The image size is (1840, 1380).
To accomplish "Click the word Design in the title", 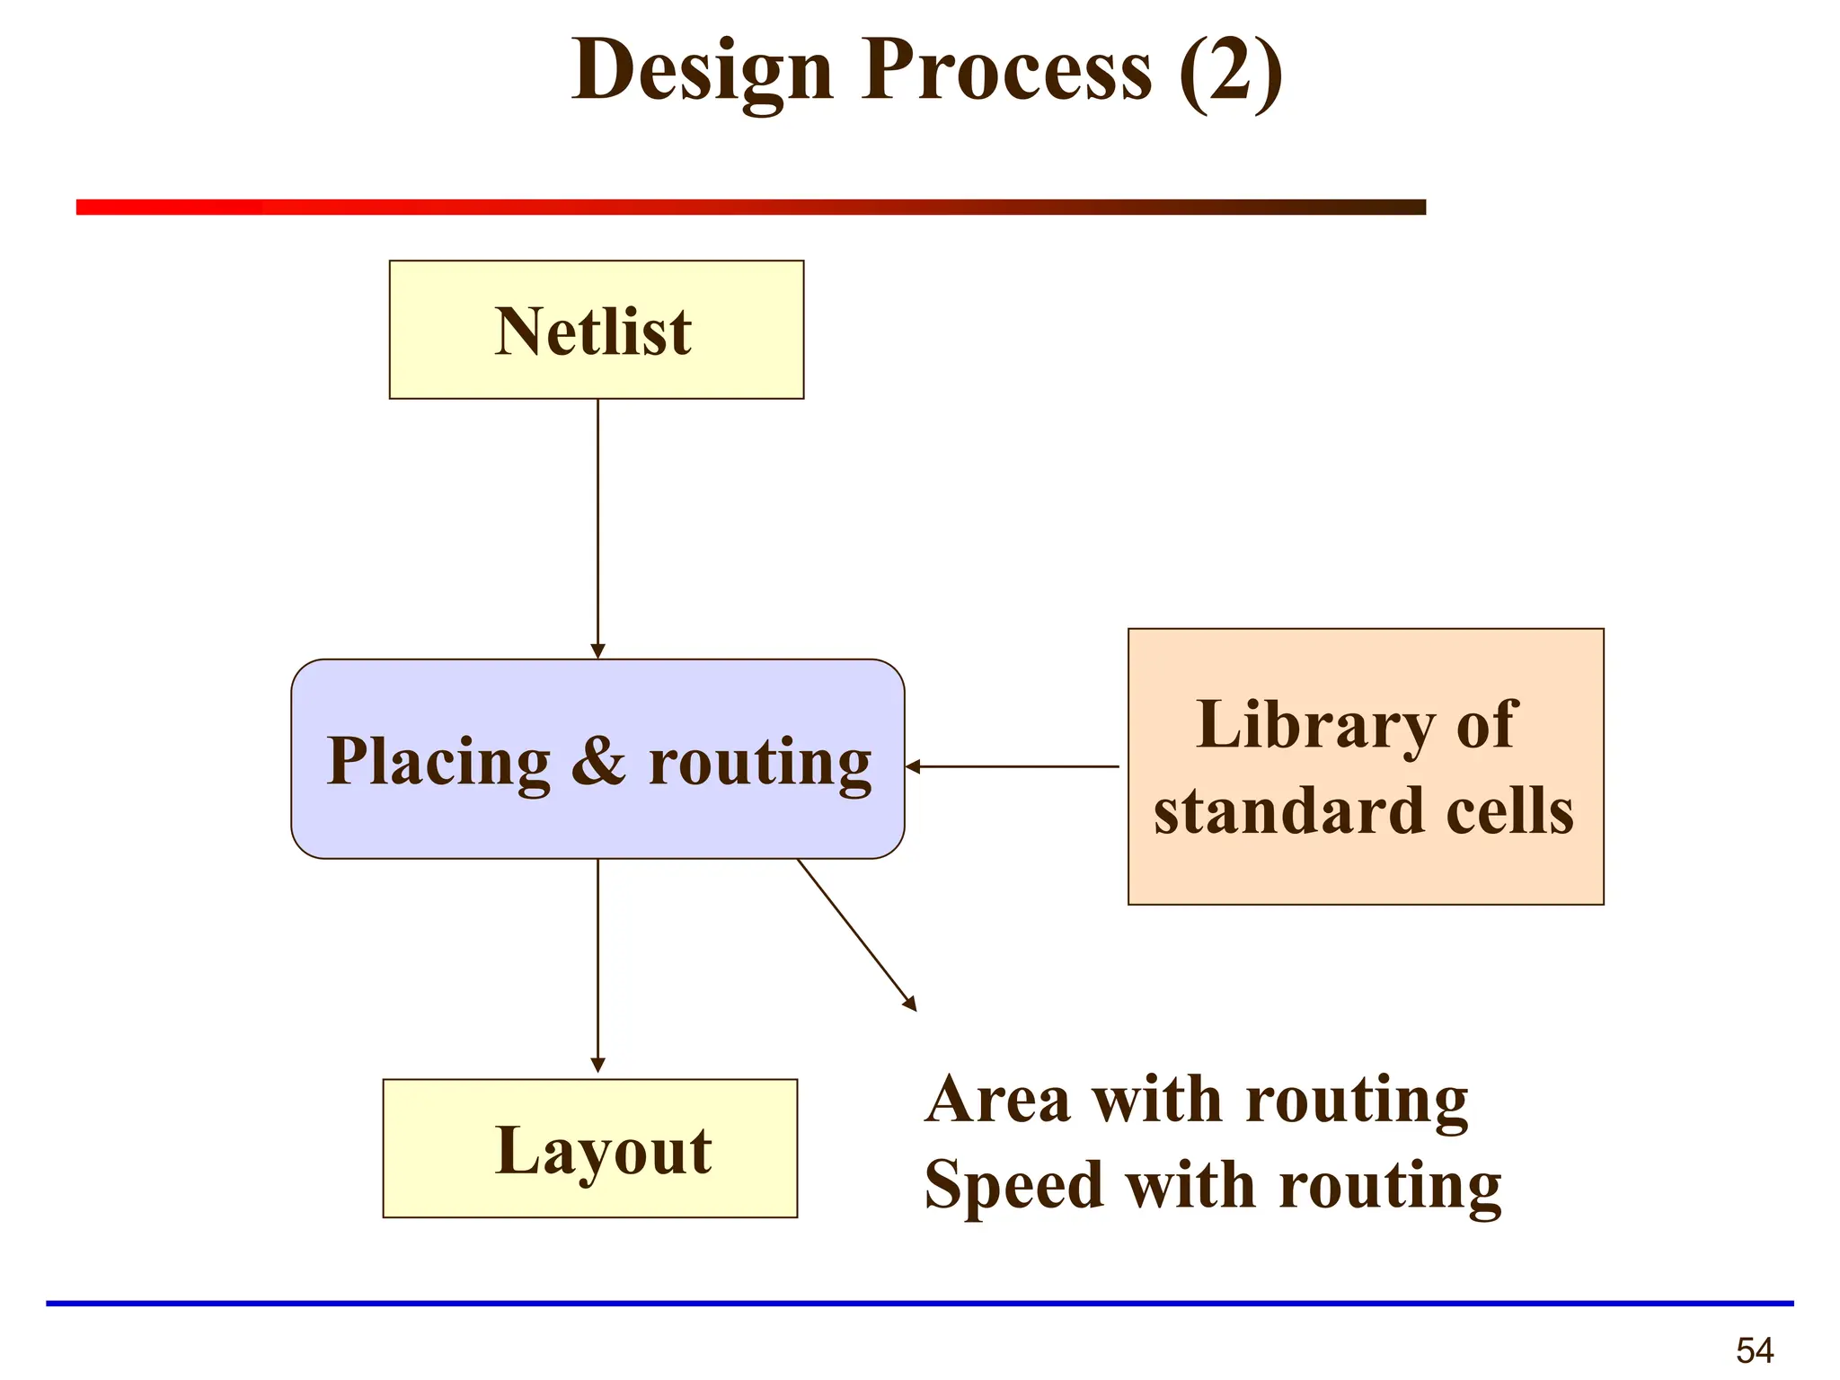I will [x=702, y=72].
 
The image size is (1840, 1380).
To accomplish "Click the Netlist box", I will [x=596, y=330].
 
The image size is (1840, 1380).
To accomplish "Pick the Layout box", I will [x=589, y=1148].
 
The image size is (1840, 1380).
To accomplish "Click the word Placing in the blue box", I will [x=438, y=762].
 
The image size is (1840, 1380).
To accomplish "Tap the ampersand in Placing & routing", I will [x=598, y=762].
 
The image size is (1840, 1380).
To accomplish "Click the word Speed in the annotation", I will [x=1013, y=1186].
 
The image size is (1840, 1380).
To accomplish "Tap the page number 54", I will [x=1754, y=1350].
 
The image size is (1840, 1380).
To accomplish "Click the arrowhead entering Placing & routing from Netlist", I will [x=597, y=650].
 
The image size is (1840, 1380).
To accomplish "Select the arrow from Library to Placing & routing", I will [x=1015, y=766].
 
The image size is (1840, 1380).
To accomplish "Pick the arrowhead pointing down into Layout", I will [x=597, y=1065].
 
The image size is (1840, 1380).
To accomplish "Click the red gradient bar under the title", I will [x=750, y=207].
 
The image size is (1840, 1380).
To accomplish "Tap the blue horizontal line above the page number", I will [x=919, y=1303].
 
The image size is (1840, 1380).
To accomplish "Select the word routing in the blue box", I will [x=759, y=762].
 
